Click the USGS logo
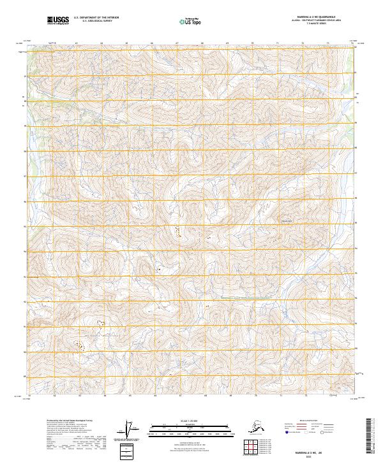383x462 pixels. pyautogui.click(x=58, y=21)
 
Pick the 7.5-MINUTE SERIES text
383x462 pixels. pyautogui.click(x=308, y=26)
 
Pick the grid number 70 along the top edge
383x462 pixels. pyautogui.click(x=252, y=43)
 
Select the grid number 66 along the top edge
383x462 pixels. pyautogui.click(x=152, y=43)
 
